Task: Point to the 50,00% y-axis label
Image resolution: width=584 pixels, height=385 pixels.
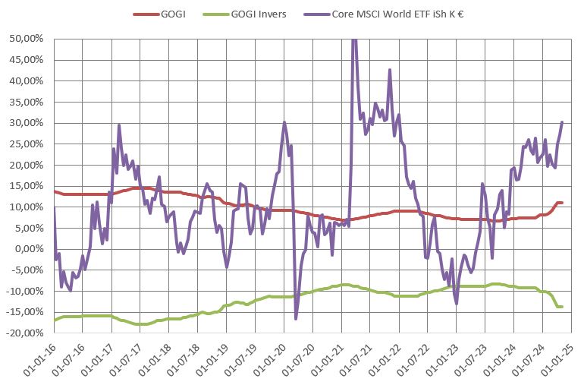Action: click(27, 38)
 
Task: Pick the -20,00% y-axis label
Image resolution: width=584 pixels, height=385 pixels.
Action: click(26, 333)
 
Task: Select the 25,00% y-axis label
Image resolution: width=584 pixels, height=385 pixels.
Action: click(27, 144)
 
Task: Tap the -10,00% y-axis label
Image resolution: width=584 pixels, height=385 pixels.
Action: click(26, 291)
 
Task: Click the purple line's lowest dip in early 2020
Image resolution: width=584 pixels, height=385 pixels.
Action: click(296, 319)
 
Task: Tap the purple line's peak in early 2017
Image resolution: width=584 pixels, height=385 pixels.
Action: click(120, 125)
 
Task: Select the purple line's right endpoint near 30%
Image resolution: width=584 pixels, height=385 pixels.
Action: click(561, 121)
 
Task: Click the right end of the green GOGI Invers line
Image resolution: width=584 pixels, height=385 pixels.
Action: click(562, 307)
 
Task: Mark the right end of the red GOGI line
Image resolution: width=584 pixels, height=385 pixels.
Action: click(562, 203)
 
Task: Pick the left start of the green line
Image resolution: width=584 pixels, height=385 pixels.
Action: click(54, 320)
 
